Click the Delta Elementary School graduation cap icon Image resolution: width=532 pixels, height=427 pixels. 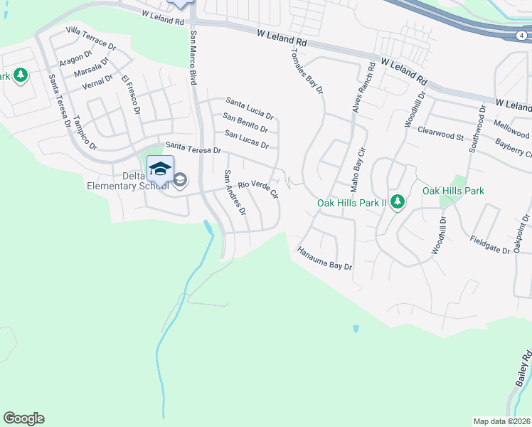click(160, 169)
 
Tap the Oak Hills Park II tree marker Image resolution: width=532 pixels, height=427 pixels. click(397, 203)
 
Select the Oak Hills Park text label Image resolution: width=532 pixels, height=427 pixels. click(453, 191)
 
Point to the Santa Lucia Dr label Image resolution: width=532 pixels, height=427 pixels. click(250, 107)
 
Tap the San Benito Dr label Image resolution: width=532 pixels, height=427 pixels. click(245, 122)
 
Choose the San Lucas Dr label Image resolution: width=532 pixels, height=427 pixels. click(246, 139)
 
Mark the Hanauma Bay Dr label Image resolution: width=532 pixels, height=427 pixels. click(325, 259)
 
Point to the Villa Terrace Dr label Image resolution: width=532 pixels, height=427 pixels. click(90, 37)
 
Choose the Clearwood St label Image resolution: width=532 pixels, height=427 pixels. click(440, 132)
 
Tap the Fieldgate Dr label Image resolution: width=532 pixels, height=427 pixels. click(490, 245)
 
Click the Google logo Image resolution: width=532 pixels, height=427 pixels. click(23, 418)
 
